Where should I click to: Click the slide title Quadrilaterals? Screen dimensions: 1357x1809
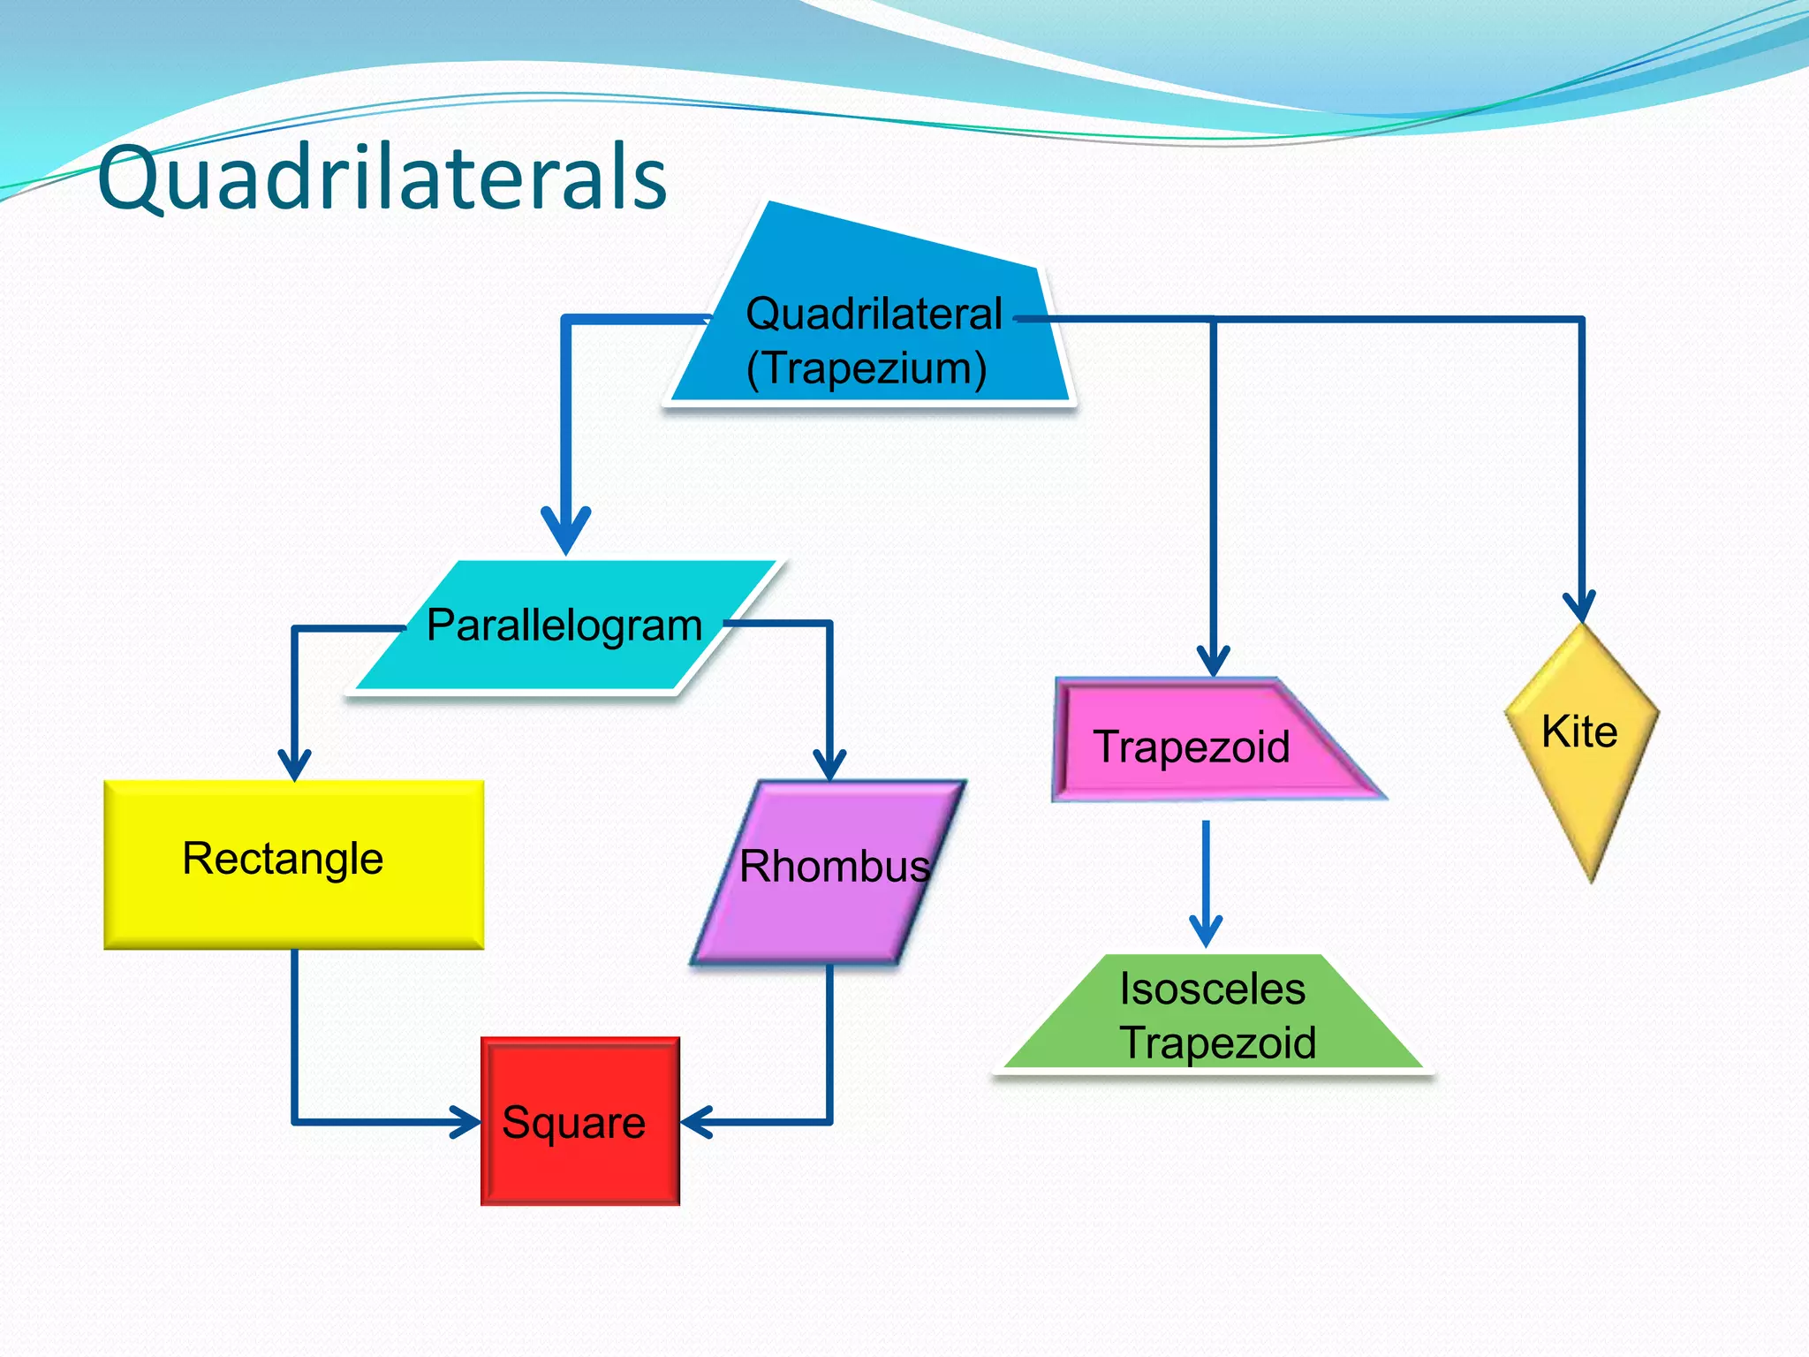(x=382, y=178)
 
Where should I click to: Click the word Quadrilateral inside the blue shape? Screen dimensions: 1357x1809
(x=874, y=314)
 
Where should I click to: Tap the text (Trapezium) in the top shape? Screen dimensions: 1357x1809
(x=866, y=368)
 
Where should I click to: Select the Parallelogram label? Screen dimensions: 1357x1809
(x=564, y=625)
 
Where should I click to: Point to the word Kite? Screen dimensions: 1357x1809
(x=1579, y=732)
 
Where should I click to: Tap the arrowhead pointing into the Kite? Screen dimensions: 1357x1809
(x=1579, y=608)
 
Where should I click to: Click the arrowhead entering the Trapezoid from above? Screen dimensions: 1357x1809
(x=1213, y=661)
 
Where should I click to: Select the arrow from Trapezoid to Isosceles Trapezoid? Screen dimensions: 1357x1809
(x=1206, y=883)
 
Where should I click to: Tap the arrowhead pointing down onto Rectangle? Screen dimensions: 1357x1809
(x=294, y=763)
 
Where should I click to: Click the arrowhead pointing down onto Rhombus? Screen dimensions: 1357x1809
(x=829, y=763)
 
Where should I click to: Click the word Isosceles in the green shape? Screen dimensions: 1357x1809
(x=1212, y=989)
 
